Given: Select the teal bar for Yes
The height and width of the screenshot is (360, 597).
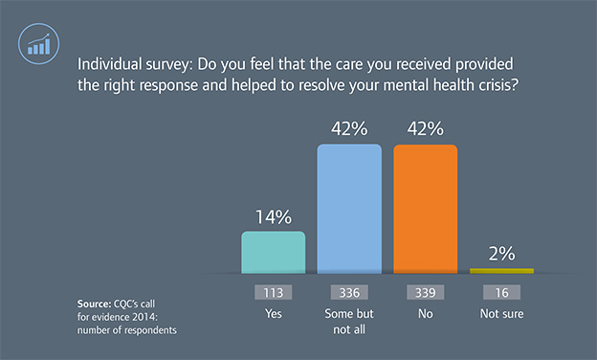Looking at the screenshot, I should pos(274,251).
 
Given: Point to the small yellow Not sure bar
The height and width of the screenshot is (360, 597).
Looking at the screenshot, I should pos(501,271).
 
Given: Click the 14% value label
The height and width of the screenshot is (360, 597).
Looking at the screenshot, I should pos(274,216).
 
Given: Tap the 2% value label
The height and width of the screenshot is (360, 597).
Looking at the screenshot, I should pos(501,254).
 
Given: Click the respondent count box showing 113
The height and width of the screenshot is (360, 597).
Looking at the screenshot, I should pos(274,293).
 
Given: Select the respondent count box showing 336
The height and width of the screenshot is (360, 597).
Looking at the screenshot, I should pos(349,293).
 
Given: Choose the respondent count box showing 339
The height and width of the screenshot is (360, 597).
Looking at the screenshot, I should pos(425,293).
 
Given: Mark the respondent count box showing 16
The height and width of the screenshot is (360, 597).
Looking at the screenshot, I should pos(501,293).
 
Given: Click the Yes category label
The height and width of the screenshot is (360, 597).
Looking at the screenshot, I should pos(274,313).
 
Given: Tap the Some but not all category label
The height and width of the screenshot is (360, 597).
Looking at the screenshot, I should pos(349,320).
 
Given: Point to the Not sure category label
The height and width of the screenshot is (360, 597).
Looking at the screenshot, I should pos(501,313).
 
